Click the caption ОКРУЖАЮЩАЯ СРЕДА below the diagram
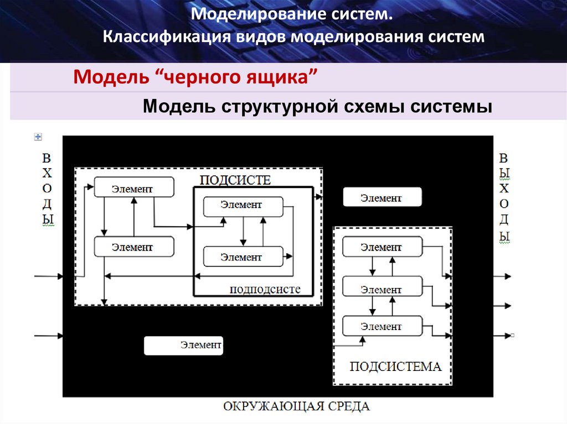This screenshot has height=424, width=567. point(296,407)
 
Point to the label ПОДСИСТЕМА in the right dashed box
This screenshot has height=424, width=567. point(395,367)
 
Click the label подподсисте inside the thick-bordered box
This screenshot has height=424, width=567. point(265,289)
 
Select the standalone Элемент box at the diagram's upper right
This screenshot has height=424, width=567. point(382,197)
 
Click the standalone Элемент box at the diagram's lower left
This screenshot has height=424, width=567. point(183,346)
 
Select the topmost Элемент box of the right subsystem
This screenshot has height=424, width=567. point(382,247)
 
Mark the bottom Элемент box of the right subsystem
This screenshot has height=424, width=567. point(382,326)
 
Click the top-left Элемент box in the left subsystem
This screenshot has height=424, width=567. point(133,187)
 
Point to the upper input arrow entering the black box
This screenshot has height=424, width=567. point(49,275)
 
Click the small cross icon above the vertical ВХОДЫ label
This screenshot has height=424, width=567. point(38,137)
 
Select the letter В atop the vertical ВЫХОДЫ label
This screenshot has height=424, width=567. point(504,157)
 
